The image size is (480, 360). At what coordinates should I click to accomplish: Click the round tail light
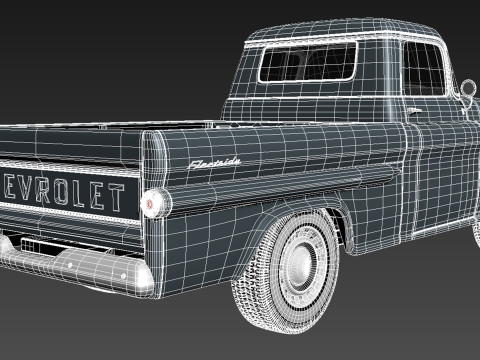(152, 201)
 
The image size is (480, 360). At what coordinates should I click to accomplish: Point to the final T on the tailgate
(116, 196)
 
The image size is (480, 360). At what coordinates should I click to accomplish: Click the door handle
(415, 109)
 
